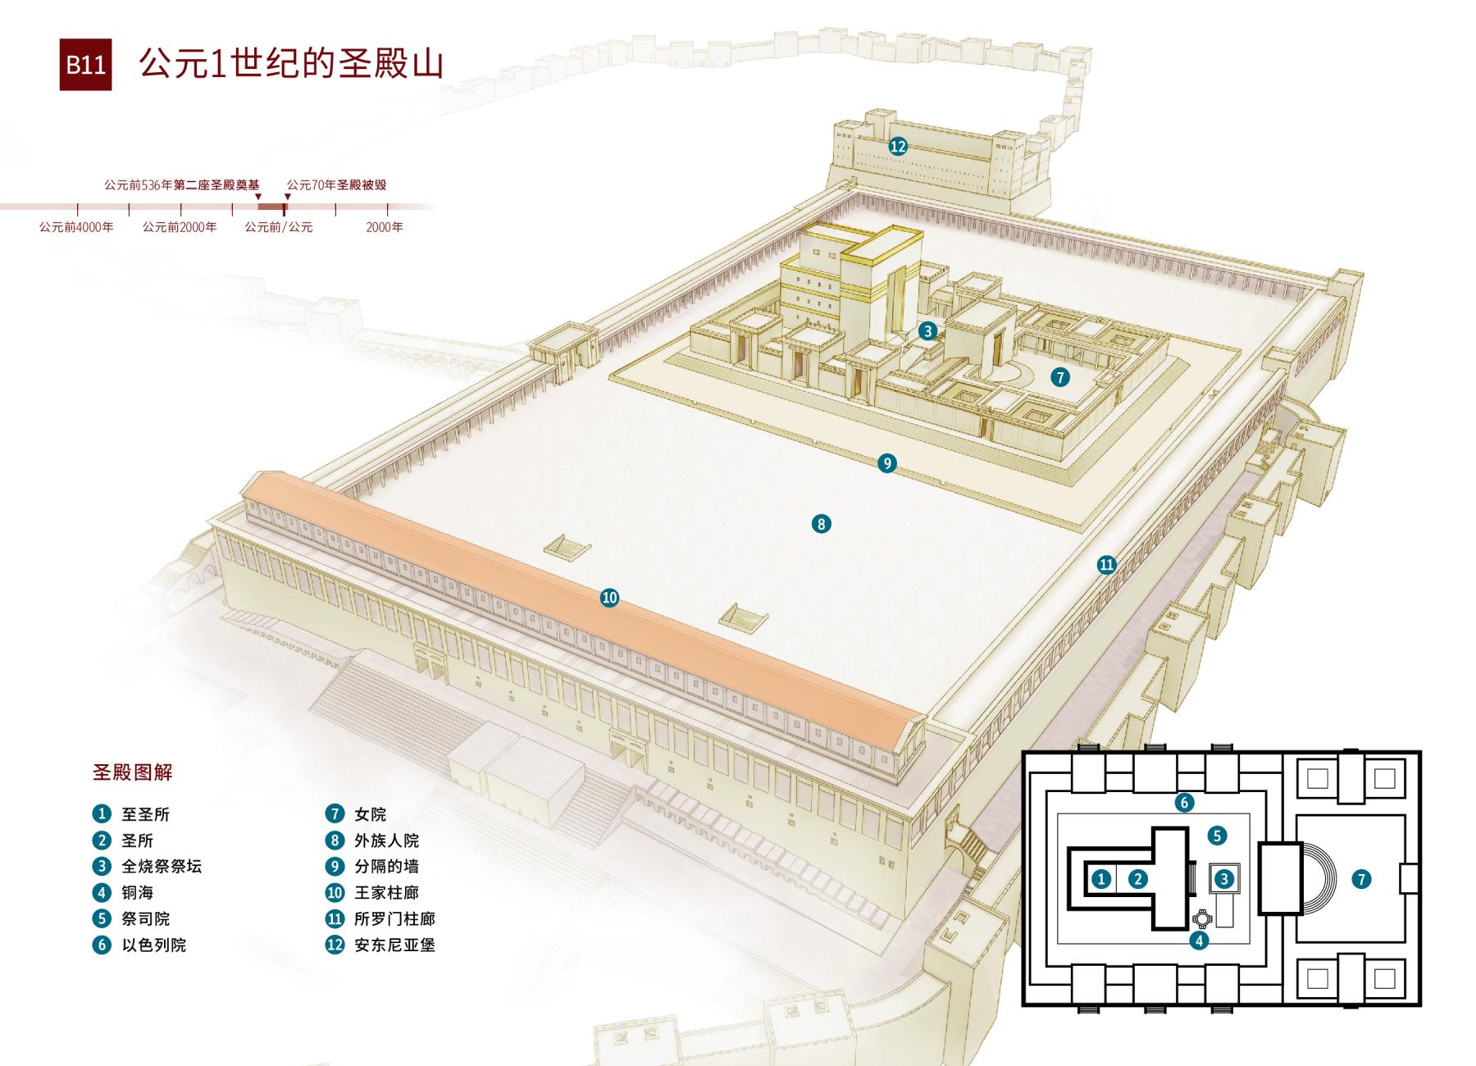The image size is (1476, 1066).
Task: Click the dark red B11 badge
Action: [85, 64]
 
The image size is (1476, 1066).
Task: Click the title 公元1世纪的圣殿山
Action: [291, 63]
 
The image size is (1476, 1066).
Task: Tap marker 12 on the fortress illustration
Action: [898, 146]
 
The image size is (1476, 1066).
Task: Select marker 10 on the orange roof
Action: [609, 598]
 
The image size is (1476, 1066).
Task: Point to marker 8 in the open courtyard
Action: [821, 523]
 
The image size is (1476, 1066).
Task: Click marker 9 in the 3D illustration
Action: [886, 463]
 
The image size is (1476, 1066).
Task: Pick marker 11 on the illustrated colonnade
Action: [1107, 564]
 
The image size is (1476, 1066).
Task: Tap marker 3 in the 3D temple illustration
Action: [927, 330]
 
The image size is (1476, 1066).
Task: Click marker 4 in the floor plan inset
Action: [1199, 941]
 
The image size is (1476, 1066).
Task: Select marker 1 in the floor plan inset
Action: [1101, 879]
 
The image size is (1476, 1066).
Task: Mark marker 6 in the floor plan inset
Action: [1183, 802]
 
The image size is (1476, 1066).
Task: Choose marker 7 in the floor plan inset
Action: [1361, 879]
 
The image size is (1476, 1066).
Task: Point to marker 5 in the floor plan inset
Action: [1217, 836]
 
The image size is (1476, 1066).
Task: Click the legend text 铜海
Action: [138, 892]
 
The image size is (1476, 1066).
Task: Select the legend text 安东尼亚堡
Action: [394, 945]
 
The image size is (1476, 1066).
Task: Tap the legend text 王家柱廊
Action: [386, 892]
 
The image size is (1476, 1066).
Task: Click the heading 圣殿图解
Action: [132, 772]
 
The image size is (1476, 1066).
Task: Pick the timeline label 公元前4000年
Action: [76, 227]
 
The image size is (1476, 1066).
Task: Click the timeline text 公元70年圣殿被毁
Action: [336, 185]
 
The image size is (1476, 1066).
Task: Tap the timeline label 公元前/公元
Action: [279, 227]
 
